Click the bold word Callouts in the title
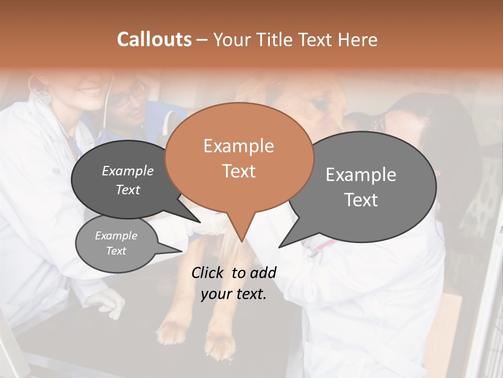click(154, 39)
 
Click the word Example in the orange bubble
click(238, 146)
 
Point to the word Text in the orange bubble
click(238, 171)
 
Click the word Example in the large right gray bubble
click(360, 175)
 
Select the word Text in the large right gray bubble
click(361, 200)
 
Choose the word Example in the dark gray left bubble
click(127, 171)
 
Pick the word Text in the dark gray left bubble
click(127, 190)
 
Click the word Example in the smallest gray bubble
click(116, 236)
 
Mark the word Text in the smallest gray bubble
click(116, 251)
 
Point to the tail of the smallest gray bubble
click(180, 250)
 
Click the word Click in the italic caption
click(208, 272)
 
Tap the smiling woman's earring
click(44, 96)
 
